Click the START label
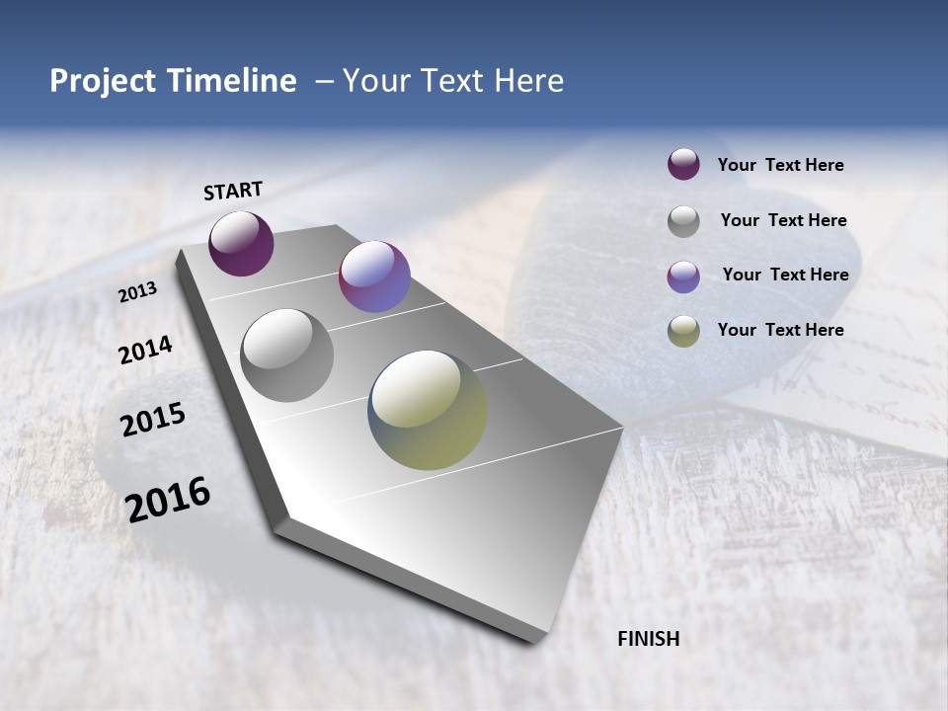tap(233, 191)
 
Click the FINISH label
tap(648, 639)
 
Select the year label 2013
tap(138, 292)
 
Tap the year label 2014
tap(146, 351)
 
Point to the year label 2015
tap(153, 420)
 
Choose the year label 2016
tap(168, 499)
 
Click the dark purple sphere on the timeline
tap(241, 243)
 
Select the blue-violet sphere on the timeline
tap(374, 276)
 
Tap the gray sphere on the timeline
tap(286, 355)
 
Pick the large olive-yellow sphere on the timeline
tap(428, 410)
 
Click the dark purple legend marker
tap(683, 165)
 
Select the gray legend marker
tap(683, 221)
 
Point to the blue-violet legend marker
tap(683, 276)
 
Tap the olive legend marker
tap(683, 331)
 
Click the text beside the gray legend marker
tap(783, 220)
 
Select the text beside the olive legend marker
tap(780, 330)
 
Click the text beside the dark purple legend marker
tap(780, 165)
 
